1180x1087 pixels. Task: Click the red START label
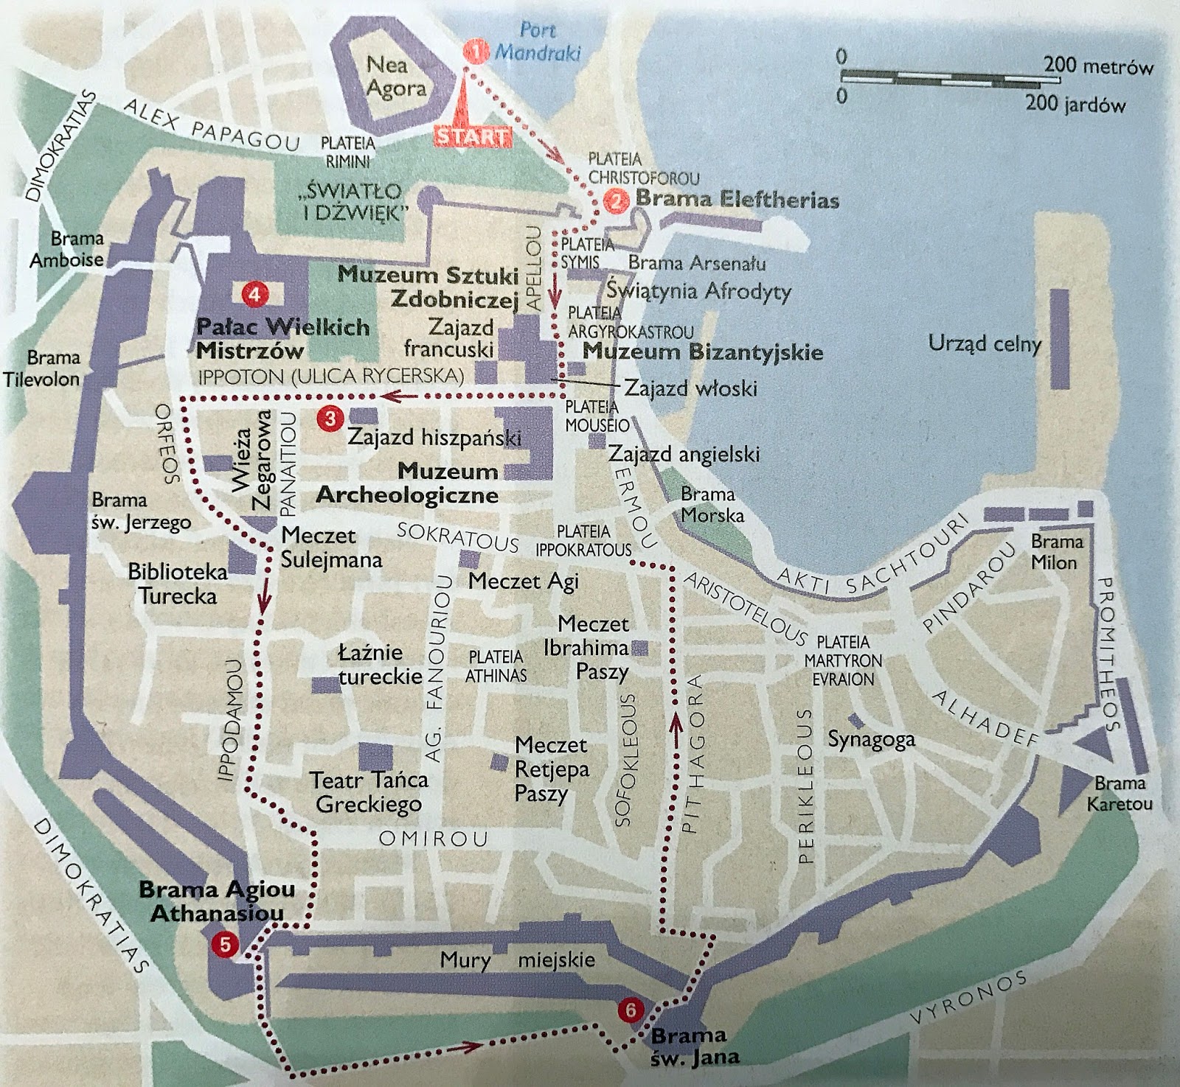pyautogui.click(x=472, y=137)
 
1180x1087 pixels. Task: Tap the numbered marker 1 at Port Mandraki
pyautogui.click(x=476, y=52)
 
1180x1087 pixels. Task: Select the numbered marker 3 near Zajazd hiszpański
pyautogui.click(x=329, y=419)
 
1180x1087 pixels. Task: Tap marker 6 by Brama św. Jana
pyautogui.click(x=630, y=1010)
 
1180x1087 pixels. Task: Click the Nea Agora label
pyautogui.click(x=396, y=77)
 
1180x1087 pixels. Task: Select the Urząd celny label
pyautogui.click(x=985, y=343)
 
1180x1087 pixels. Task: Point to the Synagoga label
pyautogui.click(x=871, y=739)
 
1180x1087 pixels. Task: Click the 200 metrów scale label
pyautogui.click(x=1097, y=66)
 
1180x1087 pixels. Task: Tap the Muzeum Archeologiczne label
pyautogui.click(x=407, y=483)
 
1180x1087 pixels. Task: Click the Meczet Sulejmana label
pyautogui.click(x=330, y=547)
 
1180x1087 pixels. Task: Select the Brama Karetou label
pyautogui.click(x=1120, y=793)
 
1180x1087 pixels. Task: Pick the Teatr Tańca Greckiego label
pyautogui.click(x=368, y=791)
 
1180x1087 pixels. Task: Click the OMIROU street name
pyautogui.click(x=433, y=839)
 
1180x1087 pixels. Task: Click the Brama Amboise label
pyautogui.click(x=66, y=249)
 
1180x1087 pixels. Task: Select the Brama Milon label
pyautogui.click(x=1056, y=552)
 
